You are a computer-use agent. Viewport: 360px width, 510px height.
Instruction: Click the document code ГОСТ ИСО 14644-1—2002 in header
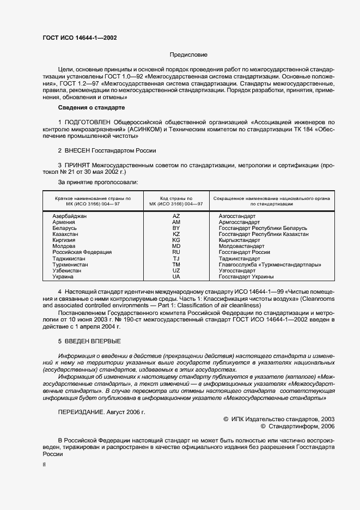click(79, 38)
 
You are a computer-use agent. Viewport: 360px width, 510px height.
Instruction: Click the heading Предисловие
click(188, 55)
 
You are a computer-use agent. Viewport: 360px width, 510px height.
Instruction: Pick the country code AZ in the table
click(176, 216)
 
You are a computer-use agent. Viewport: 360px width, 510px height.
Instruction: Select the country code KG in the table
click(176, 240)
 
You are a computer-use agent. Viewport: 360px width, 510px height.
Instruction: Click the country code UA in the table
click(176, 277)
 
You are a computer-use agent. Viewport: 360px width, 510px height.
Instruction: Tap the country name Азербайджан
click(70, 216)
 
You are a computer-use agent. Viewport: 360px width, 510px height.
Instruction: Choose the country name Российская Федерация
click(82, 252)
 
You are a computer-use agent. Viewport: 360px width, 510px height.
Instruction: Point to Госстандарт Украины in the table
click(246, 277)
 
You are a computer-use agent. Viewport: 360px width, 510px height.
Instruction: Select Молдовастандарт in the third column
click(241, 246)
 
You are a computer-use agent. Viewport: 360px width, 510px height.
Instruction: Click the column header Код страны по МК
click(176, 201)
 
